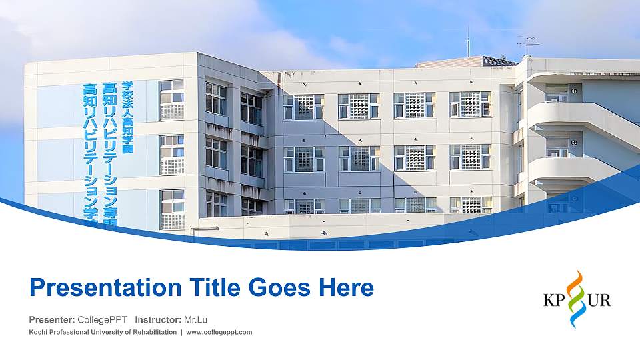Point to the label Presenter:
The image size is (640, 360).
(52, 320)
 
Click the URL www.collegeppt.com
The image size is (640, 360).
(219, 332)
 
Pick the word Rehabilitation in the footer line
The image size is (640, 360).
(151, 332)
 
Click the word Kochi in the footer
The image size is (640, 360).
(39, 332)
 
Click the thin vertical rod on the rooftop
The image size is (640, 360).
(468, 41)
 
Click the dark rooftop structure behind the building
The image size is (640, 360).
(467, 62)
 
